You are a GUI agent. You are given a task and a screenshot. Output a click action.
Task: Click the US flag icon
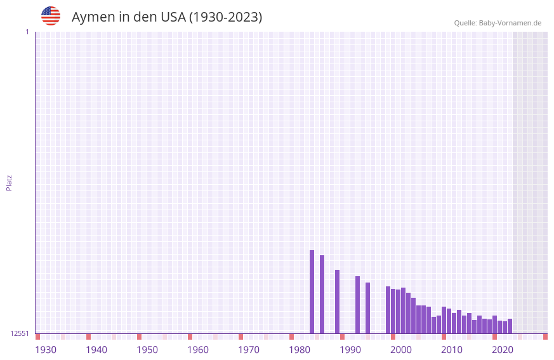51,16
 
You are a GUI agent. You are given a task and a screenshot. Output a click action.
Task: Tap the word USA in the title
173,17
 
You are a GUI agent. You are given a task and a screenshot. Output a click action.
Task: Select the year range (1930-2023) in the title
226,17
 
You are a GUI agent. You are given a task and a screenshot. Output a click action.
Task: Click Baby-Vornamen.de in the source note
510,23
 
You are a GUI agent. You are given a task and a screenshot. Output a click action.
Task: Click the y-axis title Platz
9,182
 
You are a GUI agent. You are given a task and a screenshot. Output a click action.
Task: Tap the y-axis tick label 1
27,32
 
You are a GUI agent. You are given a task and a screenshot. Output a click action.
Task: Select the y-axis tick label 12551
20,333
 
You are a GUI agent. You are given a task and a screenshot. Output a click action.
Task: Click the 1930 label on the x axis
46,349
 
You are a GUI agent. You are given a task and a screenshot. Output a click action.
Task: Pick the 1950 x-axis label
147,349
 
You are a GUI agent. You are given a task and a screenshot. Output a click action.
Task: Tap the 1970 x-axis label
249,349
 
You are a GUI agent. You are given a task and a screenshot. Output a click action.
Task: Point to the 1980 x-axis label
300,349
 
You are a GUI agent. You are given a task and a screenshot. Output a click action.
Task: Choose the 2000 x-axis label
401,349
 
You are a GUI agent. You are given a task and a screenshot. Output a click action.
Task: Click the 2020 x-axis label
503,349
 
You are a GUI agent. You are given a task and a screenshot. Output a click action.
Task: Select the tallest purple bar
312,291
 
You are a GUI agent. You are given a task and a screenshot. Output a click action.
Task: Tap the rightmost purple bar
510,326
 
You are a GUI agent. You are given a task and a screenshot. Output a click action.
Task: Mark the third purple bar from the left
337,302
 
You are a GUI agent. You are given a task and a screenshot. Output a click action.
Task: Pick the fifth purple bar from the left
367,308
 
